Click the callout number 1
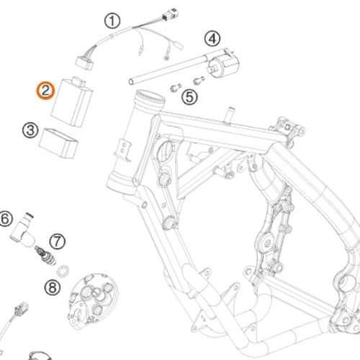point(112,21)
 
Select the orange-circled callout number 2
point(45,91)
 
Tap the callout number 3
point(30,130)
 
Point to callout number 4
point(212,39)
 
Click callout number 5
point(189,97)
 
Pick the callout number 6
point(5,219)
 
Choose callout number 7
point(58,241)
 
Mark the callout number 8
point(53,287)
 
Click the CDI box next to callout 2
point(72,102)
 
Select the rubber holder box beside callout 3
point(58,143)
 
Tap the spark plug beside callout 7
point(45,256)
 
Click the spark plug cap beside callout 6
point(22,230)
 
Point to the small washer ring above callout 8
point(63,271)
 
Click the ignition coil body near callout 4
point(224,63)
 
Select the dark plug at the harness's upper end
point(171,14)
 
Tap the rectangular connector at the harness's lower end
point(84,63)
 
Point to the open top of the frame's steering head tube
point(150,98)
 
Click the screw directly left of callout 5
point(176,88)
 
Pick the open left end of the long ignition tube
point(131,81)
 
